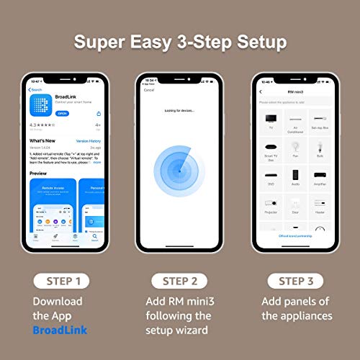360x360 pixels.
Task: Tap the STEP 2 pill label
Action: point(180,280)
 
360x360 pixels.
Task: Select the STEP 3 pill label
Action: point(294,280)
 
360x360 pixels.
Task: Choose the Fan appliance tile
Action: point(295,148)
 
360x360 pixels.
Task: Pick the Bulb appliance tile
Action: point(320,148)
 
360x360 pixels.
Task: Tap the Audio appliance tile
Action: point(295,176)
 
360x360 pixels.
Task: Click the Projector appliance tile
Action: point(270,205)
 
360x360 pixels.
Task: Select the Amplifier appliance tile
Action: point(320,176)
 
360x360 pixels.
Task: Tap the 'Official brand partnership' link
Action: point(294,236)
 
